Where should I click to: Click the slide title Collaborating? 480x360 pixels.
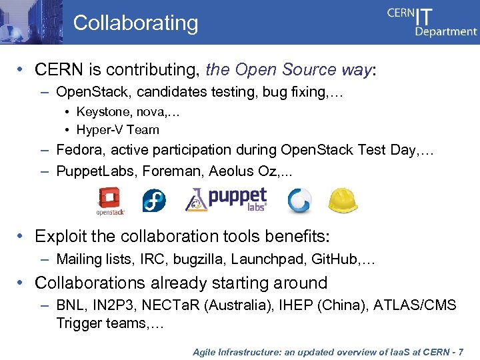point(135,23)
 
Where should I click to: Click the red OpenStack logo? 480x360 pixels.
point(109,201)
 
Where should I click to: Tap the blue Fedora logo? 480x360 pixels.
point(154,201)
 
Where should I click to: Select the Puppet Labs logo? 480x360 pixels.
point(227,199)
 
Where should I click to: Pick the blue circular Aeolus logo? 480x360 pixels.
point(299,201)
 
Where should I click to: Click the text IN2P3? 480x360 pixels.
point(114,306)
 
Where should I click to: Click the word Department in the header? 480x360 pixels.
point(446,31)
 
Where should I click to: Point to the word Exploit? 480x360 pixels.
point(60,236)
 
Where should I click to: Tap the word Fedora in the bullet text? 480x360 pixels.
point(79,150)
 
